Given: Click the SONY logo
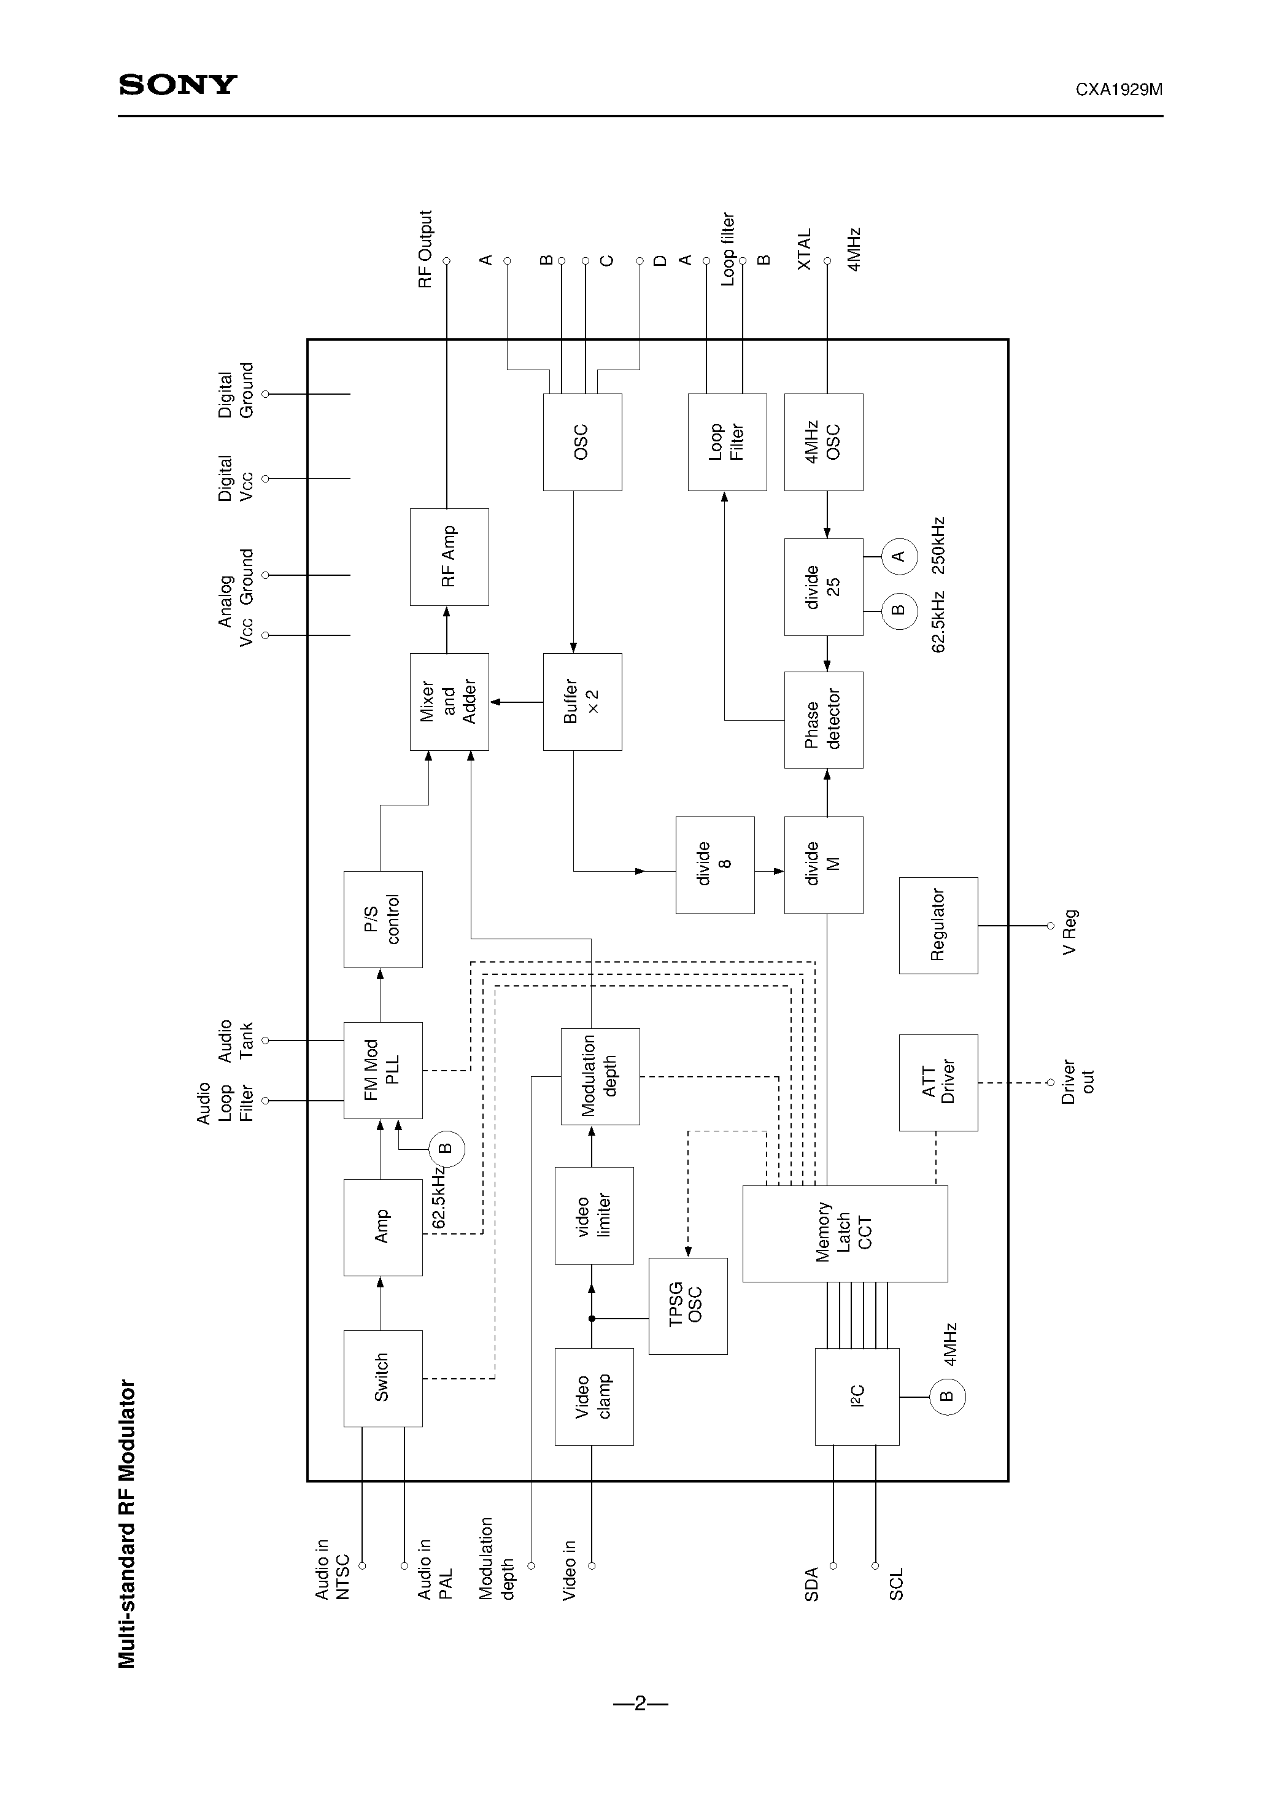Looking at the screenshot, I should pos(177,85).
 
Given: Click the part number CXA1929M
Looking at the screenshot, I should pos(1118,89).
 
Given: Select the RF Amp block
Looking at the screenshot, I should pos(449,557).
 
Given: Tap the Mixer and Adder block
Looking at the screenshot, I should pos(449,701).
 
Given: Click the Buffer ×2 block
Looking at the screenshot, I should pos(582,701).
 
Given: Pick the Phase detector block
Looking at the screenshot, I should pos(823,719).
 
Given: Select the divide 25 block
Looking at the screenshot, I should pos(823,586).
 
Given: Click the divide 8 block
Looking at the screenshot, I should pos(714,865).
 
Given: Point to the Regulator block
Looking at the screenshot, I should pos(937,925).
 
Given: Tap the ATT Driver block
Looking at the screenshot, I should pos(937,1082).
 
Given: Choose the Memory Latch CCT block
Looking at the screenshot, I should pos(845,1233).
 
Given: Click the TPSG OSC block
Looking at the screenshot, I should pos(687,1306).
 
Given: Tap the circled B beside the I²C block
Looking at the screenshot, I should pos(946,1397).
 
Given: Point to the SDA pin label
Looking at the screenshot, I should pos(811,1584).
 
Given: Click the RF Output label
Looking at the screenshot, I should pos(425,249).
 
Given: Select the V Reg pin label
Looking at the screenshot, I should pos(1069,931).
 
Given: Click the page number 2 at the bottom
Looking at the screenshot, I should pos(640,1703).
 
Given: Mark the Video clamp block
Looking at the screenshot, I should pos(593,1397).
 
